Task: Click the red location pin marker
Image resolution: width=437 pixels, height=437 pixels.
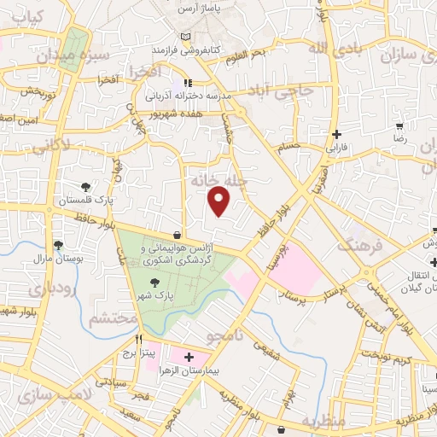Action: pyautogui.click(x=219, y=201)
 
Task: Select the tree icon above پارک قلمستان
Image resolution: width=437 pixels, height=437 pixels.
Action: pyautogui.click(x=84, y=187)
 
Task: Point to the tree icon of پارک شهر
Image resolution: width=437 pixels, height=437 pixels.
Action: pyautogui.click(x=154, y=282)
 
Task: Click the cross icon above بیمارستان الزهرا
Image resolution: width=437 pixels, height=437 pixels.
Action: pyautogui.click(x=189, y=356)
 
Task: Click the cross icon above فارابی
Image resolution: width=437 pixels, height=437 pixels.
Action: pyautogui.click(x=337, y=134)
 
